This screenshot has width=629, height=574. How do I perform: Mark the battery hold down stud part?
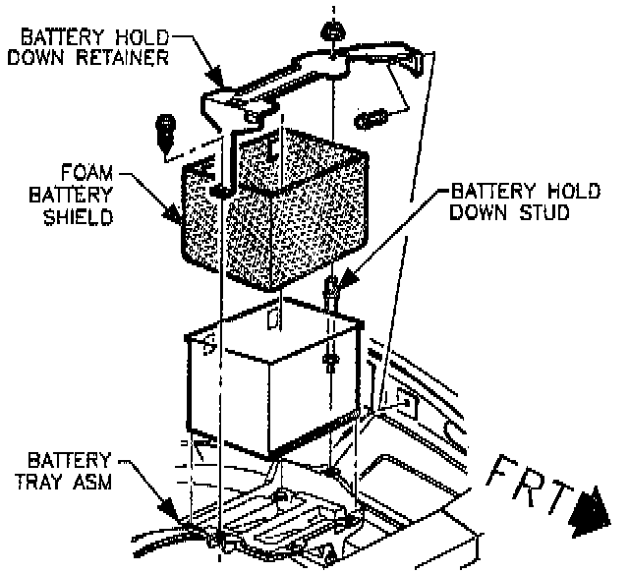click(331, 295)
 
